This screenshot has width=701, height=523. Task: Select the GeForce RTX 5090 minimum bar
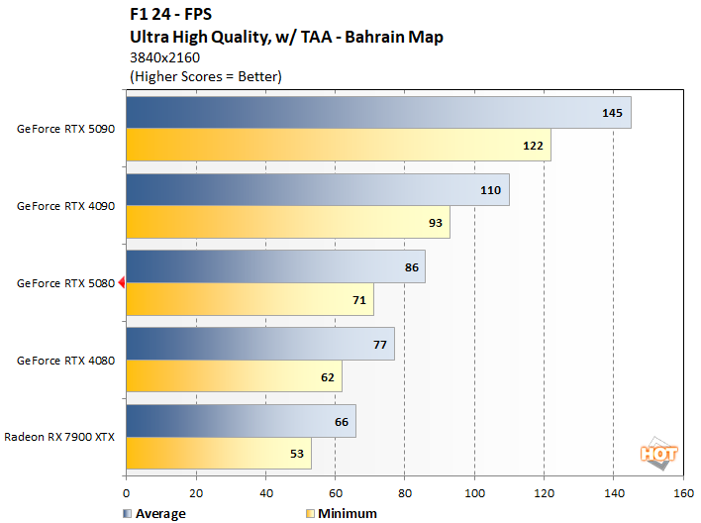tap(338, 145)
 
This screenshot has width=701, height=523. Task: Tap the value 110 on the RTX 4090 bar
tap(490, 190)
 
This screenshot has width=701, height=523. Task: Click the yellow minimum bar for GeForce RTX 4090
tap(287, 222)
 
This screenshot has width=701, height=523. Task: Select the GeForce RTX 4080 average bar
tap(259, 344)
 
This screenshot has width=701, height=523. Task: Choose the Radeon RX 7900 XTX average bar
tap(241, 421)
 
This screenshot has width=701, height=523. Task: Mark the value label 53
tap(297, 453)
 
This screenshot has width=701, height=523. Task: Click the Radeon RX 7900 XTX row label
tap(60, 437)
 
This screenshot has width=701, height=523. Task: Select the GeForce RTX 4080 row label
tap(66, 360)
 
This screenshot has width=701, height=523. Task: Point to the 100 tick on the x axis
tap(474, 492)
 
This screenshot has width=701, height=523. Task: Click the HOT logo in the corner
tap(658, 455)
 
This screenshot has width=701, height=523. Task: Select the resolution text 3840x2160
tap(164, 57)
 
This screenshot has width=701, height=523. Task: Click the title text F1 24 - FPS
tap(169, 16)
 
